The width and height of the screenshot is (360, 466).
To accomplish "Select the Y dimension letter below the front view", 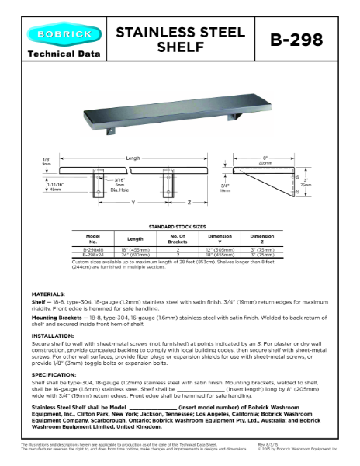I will click(x=133, y=203).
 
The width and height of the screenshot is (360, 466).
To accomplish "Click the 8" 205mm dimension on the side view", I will click(x=265, y=159).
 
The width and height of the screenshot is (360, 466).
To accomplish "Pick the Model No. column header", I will click(x=92, y=238).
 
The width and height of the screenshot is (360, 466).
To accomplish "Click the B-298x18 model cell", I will click(x=92, y=249).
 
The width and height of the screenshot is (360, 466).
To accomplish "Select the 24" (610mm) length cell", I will click(x=136, y=254).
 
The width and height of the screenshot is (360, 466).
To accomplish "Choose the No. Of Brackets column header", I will click(x=178, y=238).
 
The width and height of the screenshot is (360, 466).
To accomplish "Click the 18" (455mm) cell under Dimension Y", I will click(x=220, y=254).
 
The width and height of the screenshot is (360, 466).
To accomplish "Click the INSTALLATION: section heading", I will click(x=51, y=336).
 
